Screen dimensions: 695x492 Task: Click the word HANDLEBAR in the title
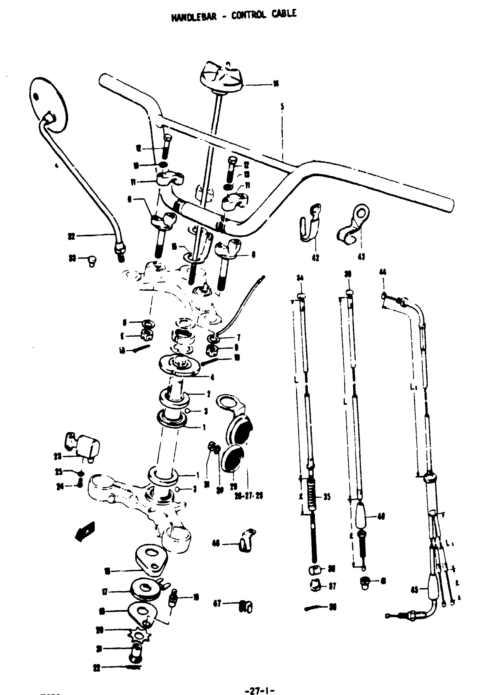tap(194, 17)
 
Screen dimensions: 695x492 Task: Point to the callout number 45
tap(414, 590)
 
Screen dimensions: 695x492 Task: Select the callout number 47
tap(217, 603)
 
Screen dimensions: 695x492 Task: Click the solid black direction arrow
tap(85, 532)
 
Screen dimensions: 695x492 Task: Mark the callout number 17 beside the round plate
tap(104, 591)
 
